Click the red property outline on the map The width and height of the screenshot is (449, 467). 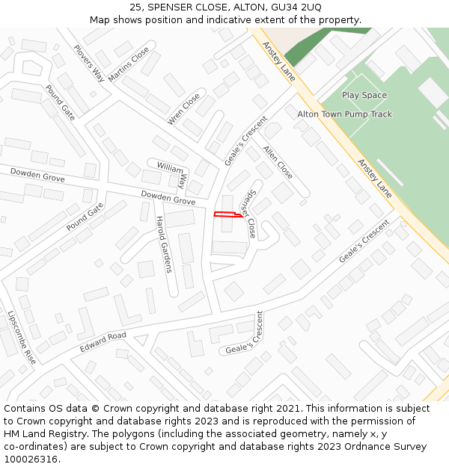click(x=228, y=215)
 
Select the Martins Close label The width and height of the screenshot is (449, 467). click(x=129, y=65)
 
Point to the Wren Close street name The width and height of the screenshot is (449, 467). click(x=184, y=109)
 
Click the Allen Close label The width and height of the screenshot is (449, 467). click(x=278, y=161)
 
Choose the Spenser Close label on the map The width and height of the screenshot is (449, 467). click(x=248, y=214)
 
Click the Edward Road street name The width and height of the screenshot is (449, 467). click(x=103, y=343)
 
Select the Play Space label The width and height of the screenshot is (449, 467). click(x=364, y=96)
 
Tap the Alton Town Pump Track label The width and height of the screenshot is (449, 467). click(x=344, y=114)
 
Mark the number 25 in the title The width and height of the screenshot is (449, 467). click(x=135, y=7)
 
